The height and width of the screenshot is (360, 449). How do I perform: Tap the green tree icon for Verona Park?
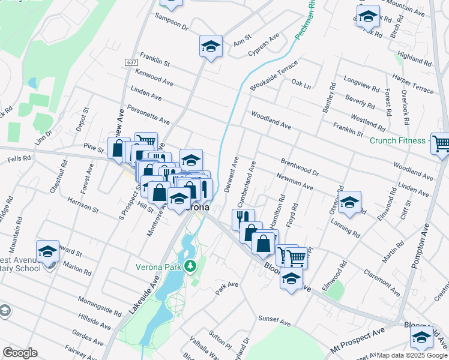pos(191,265)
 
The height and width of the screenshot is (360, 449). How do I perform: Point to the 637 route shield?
pos(131,62)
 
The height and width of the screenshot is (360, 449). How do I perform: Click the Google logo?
pos(20,353)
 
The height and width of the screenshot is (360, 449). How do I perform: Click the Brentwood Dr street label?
pos(299,166)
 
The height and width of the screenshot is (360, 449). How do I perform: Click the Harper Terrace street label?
pos(412,84)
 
